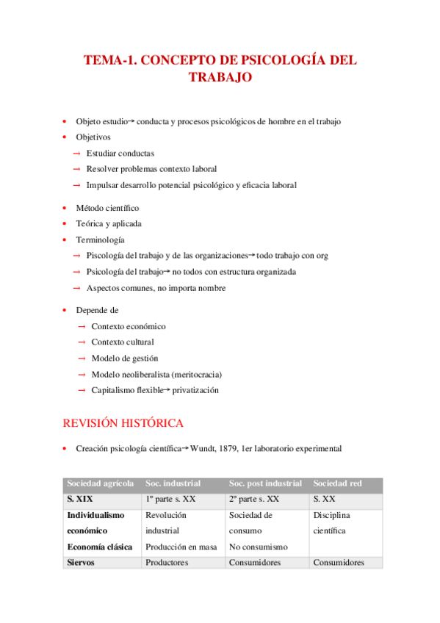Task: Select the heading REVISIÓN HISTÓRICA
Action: click(x=123, y=423)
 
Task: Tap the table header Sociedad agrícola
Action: click(x=101, y=483)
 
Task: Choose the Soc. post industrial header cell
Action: click(x=265, y=483)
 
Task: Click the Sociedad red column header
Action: click(x=337, y=483)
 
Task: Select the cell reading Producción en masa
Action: click(x=181, y=547)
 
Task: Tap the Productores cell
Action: click(x=167, y=563)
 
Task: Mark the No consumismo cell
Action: click(x=258, y=547)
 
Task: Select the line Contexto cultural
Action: click(x=123, y=342)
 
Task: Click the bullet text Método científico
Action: click(x=107, y=208)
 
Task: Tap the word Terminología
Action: click(x=100, y=240)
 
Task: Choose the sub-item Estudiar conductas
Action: click(x=120, y=153)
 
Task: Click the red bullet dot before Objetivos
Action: click(x=65, y=137)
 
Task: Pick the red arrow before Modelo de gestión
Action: click(x=82, y=358)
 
